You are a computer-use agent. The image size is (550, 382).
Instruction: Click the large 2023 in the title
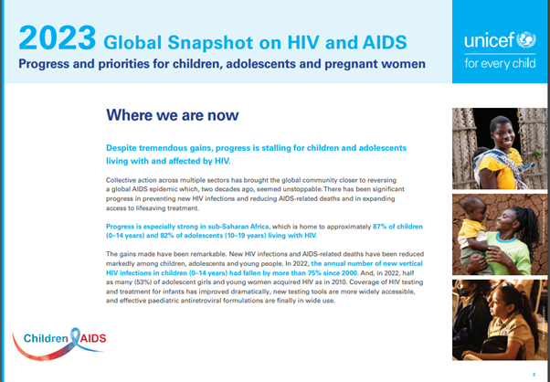pyautogui.click(x=58, y=37)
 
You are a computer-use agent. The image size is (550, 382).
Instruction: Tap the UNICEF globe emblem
pyautogui.click(x=526, y=40)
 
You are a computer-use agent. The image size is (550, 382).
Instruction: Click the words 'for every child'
pyautogui.click(x=500, y=63)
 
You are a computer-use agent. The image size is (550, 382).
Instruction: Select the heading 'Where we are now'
pyautogui.click(x=173, y=115)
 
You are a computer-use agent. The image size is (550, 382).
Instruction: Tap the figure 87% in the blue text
pyautogui.click(x=379, y=227)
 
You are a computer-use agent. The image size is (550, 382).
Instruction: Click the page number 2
pyautogui.click(x=534, y=375)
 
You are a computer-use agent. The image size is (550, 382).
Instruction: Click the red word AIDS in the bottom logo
pyautogui.click(x=93, y=338)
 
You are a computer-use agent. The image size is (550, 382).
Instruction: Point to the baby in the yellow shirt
pyautogui.click(x=473, y=232)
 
